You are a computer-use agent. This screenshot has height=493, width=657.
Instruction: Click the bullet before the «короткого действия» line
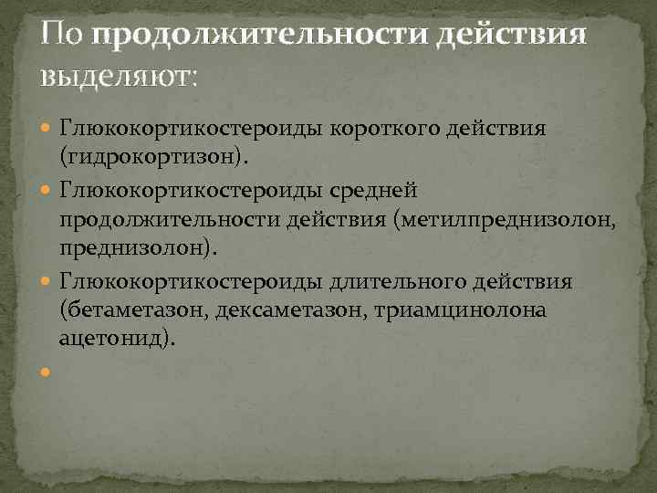click(46, 127)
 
